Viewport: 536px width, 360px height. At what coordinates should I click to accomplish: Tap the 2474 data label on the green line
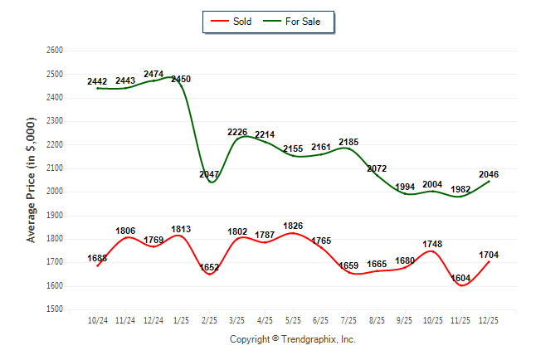pyautogui.click(x=153, y=75)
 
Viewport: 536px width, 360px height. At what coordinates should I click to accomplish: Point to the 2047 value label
pyautogui.click(x=211, y=174)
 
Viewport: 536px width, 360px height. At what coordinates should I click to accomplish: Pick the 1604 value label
pyautogui.click(x=461, y=278)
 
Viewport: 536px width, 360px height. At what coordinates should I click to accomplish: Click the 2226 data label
pyautogui.click(x=238, y=132)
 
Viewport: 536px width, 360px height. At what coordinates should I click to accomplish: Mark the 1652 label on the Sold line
pyautogui.click(x=210, y=268)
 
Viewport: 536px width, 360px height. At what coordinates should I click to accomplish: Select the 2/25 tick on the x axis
pyautogui.click(x=210, y=319)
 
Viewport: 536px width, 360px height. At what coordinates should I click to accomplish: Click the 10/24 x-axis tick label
pyautogui.click(x=98, y=319)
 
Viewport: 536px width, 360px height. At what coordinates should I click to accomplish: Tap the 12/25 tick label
pyautogui.click(x=489, y=319)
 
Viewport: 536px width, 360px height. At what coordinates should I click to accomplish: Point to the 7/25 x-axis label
pyautogui.click(x=349, y=319)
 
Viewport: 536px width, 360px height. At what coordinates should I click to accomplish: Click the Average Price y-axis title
pyautogui.click(x=32, y=179)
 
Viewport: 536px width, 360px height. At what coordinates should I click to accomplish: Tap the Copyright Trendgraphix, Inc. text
pyautogui.click(x=292, y=339)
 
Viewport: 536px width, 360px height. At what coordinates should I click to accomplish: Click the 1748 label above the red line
pyautogui.click(x=433, y=245)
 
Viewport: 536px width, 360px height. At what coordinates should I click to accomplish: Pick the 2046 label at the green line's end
pyautogui.click(x=489, y=174)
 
